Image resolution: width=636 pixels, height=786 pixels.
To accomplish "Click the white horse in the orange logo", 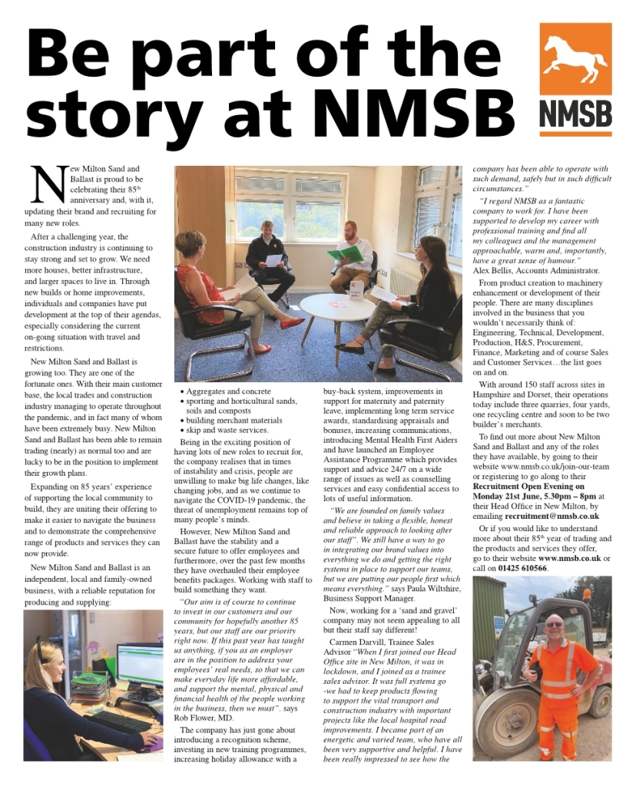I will pyautogui.click(x=575, y=60).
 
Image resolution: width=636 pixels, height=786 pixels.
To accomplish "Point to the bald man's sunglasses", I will pyautogui.click(x=553, y=625).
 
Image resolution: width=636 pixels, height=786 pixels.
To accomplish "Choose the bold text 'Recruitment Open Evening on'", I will pyautogui.click(x=528, y=486).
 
